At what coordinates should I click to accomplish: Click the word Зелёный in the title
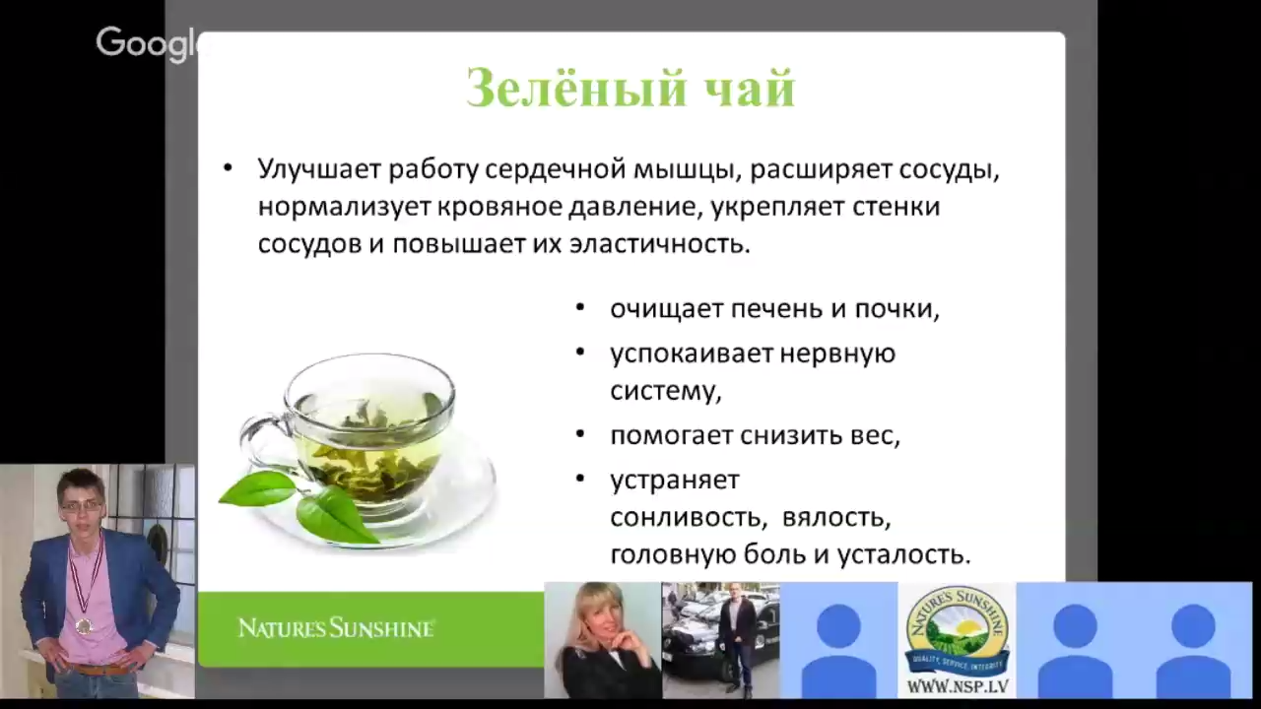coord(554,89)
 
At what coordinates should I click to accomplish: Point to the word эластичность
coord(659,244)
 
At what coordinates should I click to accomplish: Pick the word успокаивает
coord(676,353)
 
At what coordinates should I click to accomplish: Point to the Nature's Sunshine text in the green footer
coord(336,627)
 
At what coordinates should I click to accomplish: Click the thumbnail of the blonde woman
coord(602,640)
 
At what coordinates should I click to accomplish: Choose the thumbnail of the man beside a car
coord(720,640)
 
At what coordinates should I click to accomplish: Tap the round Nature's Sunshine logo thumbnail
coord(957,630)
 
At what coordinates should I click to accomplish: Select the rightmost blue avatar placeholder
coord(1193,640)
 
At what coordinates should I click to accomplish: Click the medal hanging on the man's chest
coord(84,624)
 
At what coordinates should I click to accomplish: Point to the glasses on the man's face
coord(81,505)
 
